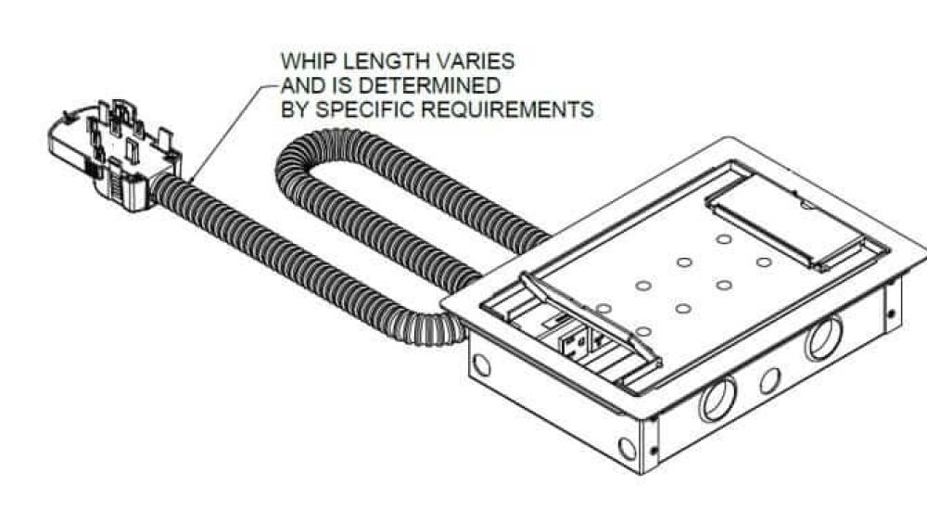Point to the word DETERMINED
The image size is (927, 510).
pos(430,85)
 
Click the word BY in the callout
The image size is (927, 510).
pos(295,109)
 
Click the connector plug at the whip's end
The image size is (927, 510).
pos(112,154)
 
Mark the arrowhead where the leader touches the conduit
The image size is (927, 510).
pos(192,178)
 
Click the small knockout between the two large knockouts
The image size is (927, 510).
pos(769,380)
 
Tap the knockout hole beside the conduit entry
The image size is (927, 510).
pos(482,365)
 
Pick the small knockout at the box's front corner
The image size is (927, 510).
pos(628,448)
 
